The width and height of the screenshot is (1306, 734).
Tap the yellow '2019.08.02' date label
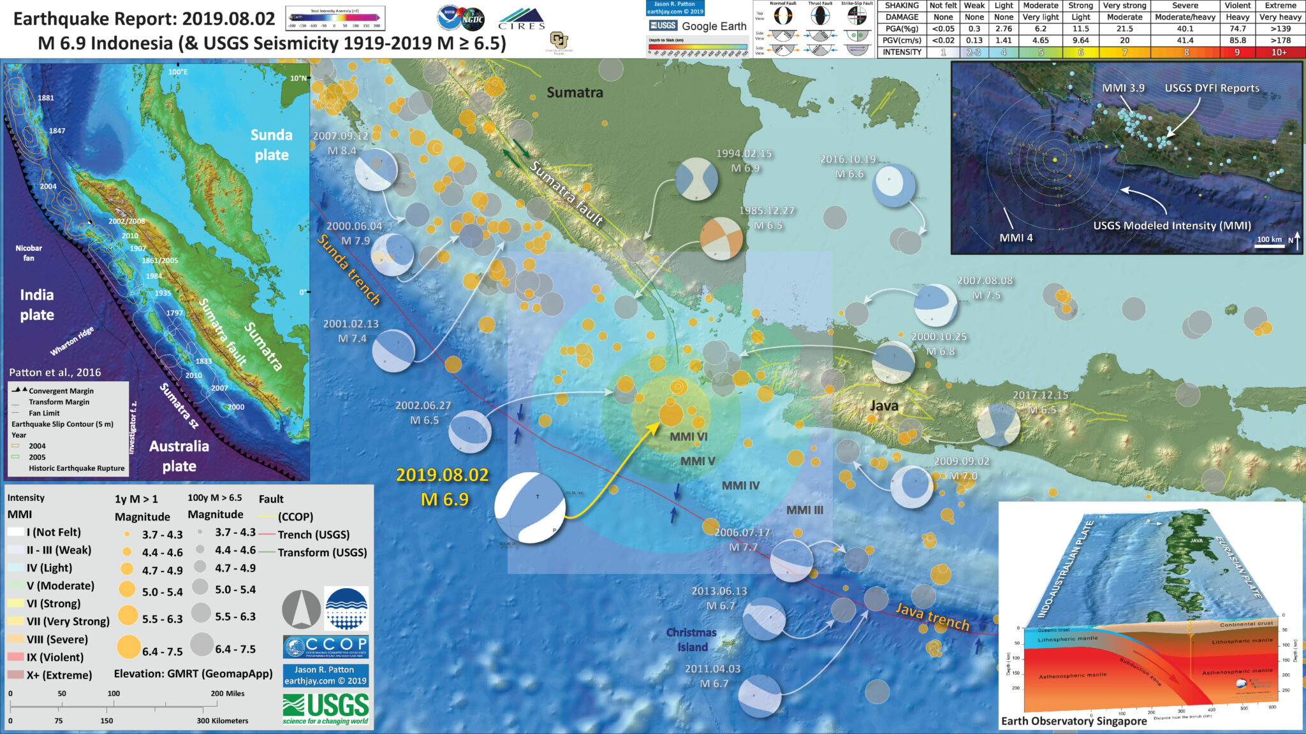tap(442, 475)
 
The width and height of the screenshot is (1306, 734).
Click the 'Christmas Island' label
tap(691, 640)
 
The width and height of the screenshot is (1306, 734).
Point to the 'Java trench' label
tap(932, 616)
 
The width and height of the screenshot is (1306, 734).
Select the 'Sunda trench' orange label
tap(349, 270)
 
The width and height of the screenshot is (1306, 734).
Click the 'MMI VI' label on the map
tap(689, 437)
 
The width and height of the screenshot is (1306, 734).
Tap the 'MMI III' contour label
tap(804, 510)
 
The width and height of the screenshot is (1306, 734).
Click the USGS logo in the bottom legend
tap(325, 709)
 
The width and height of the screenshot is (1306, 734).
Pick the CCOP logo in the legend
tap(325, 647)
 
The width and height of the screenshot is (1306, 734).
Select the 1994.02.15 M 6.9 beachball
tap(696, 180)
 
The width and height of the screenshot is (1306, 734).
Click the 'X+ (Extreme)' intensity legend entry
tap(59, 675)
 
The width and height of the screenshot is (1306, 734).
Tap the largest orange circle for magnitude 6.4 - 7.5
tap(129, 647)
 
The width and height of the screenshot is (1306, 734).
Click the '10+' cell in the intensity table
tap(1279, 52)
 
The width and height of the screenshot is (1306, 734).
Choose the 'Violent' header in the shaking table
tap(1237, 6)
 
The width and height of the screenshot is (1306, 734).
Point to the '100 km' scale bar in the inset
tap(1269, 241)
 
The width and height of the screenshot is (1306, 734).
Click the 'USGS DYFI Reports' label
tap(1212, 89)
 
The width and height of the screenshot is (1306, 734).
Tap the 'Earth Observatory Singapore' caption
tap(1074, 721)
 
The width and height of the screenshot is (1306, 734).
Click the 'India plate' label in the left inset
tap(37, 305)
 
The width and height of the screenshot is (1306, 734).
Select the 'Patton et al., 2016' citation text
tap(55, 373)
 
